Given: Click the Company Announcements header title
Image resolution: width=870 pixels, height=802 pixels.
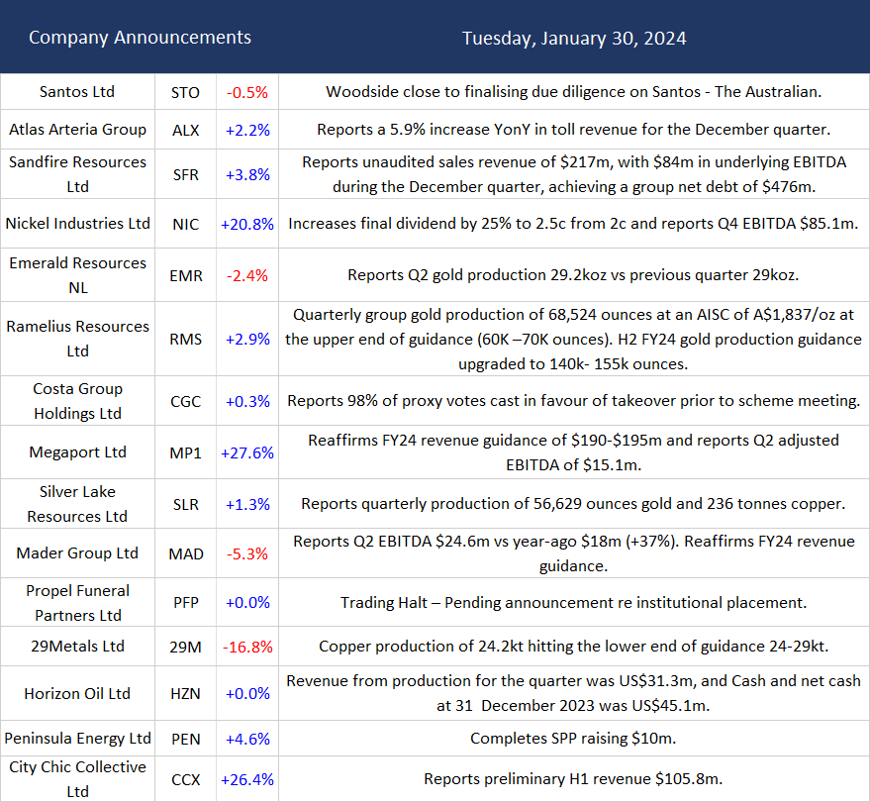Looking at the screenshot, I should pos(140,38).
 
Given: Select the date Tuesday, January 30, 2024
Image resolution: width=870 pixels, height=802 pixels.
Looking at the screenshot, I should pos(574,39).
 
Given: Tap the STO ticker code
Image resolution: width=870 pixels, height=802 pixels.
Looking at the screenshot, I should pos(185,93).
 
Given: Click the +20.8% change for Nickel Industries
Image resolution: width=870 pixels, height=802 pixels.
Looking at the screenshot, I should pos(246,225).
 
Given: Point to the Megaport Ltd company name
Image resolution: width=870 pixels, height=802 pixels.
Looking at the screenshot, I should pos(77,452).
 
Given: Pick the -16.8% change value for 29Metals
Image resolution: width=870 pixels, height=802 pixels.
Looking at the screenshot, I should pos(246,648).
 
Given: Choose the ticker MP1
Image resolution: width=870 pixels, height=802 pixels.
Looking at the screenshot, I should pos(185,453).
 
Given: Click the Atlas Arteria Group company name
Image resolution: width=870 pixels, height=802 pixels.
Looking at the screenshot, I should pos(77,130).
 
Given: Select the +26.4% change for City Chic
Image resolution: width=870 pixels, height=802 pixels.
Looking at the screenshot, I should pos(246,779).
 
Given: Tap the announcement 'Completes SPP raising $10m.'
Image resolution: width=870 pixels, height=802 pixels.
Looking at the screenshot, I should pos(574,739).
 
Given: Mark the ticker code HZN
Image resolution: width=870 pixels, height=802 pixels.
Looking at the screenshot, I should pos(185,694).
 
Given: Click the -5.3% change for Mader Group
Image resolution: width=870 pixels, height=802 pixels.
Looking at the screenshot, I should pos(246,553).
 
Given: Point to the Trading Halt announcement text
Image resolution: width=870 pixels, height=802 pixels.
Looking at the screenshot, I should pos(574,603).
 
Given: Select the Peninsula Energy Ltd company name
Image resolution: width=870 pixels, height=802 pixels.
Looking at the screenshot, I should pos(77,739).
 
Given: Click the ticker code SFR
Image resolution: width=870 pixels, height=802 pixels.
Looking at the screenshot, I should pos(185,175).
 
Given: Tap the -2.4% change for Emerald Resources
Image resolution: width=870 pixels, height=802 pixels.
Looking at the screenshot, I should pos(246,276).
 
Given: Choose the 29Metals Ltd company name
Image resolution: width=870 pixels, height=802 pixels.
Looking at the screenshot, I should pos(77,647).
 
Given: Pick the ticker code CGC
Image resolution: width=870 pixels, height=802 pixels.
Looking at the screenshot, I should pos(185,402).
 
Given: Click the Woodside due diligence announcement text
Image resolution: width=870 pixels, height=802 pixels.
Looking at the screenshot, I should pos(574,92).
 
